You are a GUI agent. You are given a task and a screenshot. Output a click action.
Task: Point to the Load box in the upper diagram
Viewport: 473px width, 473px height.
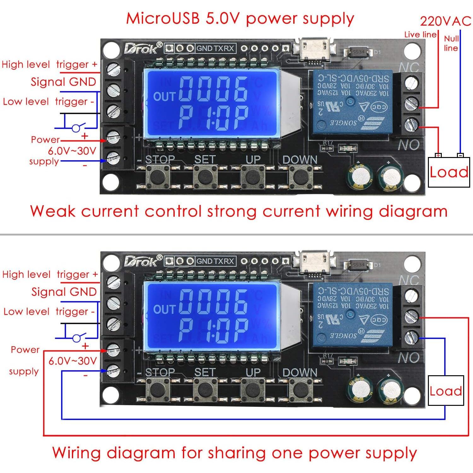[x=449, y=172]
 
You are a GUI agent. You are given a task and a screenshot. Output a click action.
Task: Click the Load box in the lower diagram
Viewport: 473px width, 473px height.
[x=446, y=391]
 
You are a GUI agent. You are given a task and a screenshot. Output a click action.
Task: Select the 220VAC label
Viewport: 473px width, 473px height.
[x=445, y=21]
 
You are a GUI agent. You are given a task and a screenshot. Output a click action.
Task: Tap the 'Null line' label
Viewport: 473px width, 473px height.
[x=451, y=43]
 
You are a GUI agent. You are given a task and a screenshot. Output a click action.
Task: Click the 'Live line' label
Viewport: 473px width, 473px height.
[x=420, y=35]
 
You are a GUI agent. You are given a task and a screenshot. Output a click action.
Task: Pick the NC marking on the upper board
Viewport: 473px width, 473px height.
[x=409, y=67]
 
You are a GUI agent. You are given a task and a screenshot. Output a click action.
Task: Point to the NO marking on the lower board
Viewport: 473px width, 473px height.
[x=409, y=358]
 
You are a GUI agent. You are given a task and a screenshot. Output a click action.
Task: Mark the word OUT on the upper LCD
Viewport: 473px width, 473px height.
[x=164, y=96]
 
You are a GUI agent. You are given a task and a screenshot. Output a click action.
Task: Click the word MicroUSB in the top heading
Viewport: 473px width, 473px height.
[x=163, y=18]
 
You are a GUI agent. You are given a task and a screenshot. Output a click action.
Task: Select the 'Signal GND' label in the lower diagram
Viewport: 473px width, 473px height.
[x=64, y=292]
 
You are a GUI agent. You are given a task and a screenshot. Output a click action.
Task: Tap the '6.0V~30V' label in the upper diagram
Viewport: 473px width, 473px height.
[x=72, y=151]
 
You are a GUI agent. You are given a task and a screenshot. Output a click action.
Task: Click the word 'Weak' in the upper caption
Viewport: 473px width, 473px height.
[x=53, y=211]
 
